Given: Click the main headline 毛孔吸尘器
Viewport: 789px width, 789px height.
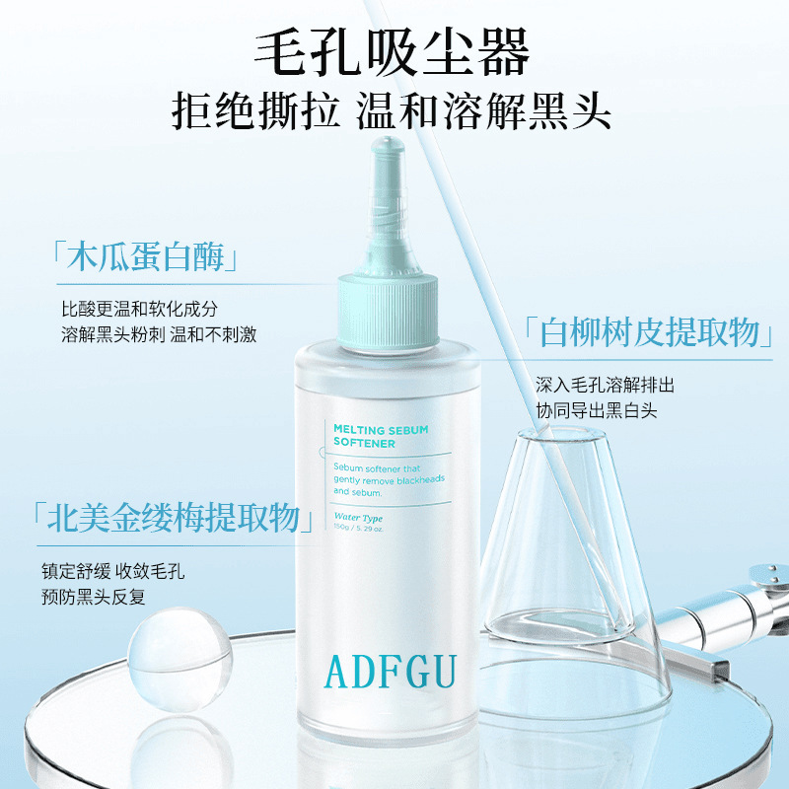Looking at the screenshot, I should pos(393,50).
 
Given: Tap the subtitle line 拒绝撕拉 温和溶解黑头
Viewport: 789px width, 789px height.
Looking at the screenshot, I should pos(393,110).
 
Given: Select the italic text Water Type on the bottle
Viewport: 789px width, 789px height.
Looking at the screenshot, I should pos(358,517).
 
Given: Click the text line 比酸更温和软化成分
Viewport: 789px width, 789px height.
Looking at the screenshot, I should pos(139,308).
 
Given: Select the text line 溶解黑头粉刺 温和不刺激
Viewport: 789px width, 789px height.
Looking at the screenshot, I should pos(159,334).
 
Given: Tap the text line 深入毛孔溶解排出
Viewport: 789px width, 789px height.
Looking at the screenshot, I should pos(605,384).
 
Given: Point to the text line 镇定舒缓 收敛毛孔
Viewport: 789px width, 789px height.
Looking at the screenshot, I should pos(113,571).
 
